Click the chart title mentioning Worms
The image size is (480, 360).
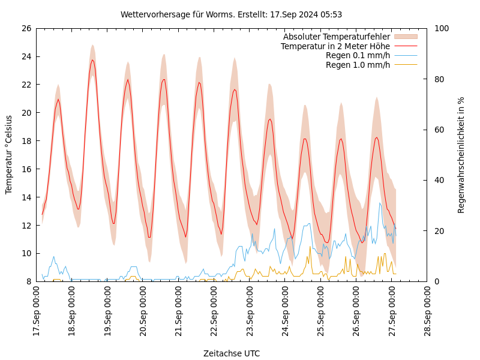pyautogui.click(x=231, y=14)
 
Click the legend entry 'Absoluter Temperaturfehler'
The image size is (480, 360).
pyautogui.click(x=336, y=37)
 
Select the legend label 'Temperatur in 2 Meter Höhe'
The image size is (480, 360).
pyautogui.click(x=335, y=46)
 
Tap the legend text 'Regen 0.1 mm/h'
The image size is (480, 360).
pyautogui.click(x=358, y=55)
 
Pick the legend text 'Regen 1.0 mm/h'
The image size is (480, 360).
pyautogui.click(x=358, y=65)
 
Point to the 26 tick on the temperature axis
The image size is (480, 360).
pyautogui.click(x=26, y=28)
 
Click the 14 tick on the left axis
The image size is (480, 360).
pyautogui.click(x=26, y=197)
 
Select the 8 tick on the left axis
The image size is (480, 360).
pyautogui.click(x=28, y=281)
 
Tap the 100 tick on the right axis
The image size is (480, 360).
pyautogui.click(x=442, y=28)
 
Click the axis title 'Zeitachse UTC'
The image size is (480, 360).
pyautogui.click(x=231, y=353)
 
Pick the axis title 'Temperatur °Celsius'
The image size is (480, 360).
pyautogui.click(x=9, y=154)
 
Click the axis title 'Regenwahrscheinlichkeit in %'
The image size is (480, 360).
pyautogui.click(x=461, y=155)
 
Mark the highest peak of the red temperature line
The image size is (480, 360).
pyautogui.click(x=92, y=60)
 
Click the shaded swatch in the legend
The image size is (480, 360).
pyautogui.click(x=406, y=37)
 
